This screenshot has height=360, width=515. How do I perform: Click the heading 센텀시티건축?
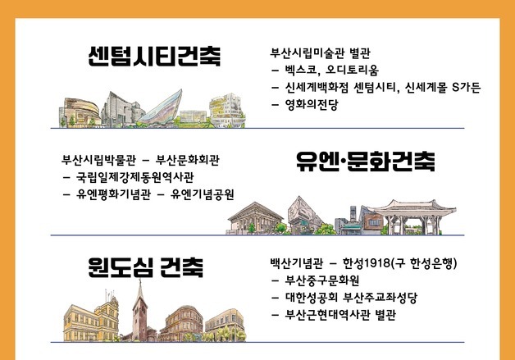154,57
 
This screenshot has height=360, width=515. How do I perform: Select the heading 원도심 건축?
146,266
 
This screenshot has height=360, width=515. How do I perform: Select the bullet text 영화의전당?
311,104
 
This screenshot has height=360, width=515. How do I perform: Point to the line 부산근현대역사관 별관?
340,315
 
